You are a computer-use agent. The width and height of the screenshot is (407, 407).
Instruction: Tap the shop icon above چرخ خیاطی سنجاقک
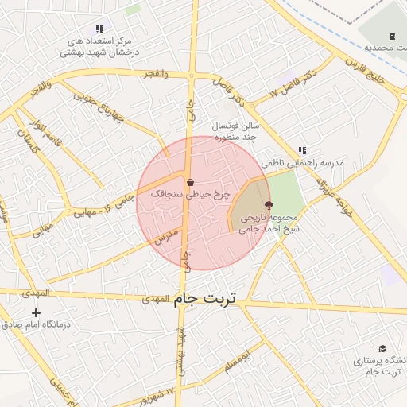(189, 182)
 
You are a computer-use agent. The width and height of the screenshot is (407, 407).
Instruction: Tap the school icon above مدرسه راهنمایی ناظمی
(301, 149)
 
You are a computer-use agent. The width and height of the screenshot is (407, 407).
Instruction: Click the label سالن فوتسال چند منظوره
(236, 131)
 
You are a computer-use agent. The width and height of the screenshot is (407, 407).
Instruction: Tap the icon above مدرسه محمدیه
(391, 36)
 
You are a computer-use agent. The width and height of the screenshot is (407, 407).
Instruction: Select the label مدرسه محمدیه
(386, 48)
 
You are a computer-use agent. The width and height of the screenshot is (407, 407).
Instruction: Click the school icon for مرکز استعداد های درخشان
(98, 29)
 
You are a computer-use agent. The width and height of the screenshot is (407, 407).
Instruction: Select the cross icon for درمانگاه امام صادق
(36, 312)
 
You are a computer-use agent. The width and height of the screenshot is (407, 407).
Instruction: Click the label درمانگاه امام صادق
(33, 324)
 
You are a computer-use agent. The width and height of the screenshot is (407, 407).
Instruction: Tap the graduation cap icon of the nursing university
(382, 349)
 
